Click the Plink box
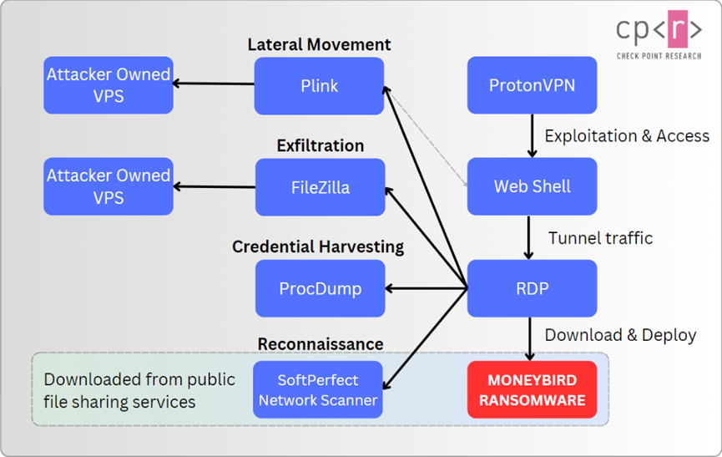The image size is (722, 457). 319,85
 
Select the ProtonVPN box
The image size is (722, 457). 532,85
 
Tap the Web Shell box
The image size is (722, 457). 532,186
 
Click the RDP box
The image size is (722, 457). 532,288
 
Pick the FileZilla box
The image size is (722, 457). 320,187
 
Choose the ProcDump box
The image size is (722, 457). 320,288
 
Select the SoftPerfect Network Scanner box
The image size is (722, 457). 318,389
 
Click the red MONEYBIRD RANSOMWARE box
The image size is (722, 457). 532,389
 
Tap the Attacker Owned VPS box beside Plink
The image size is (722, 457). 109,85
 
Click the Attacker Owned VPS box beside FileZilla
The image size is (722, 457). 109,186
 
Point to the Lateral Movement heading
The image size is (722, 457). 319,44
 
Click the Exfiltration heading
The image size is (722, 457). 321,145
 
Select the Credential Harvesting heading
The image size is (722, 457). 318,246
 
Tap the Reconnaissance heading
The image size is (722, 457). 321,344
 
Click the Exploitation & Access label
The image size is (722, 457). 627,135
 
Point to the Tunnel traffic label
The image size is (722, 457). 600,238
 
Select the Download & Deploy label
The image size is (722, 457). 620,335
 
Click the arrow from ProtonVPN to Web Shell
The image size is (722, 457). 532,135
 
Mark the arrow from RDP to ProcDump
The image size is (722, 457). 426,289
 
